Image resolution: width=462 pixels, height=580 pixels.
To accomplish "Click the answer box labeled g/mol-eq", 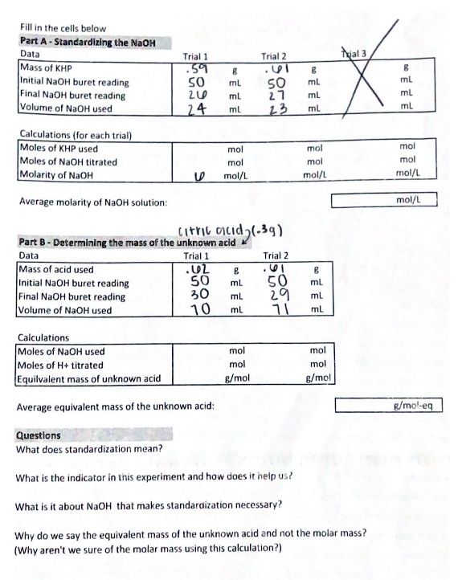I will point(388,406).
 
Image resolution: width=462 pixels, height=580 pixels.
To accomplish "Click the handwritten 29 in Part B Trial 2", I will point(273,297).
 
